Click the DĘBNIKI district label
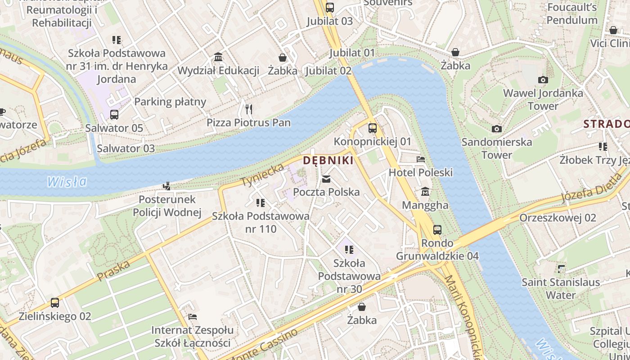(328, 160)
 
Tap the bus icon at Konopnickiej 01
(373, 128)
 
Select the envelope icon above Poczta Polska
(326, 179)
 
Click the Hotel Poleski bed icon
(421, 159)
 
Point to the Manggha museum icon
(425, 192)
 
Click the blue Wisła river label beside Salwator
(67, 182)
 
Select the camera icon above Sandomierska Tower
(497, 129)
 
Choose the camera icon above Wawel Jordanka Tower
(543, 80)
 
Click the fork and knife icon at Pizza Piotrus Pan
(249, 109)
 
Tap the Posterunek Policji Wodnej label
(167, 206)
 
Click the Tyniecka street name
(263, 175)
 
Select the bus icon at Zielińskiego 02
(55, 303)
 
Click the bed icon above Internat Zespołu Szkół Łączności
(193, 317)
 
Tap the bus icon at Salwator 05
(114, 115)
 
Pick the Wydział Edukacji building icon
(219, 57)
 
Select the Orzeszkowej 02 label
(558, 218)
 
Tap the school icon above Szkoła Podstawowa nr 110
(260, 203)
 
